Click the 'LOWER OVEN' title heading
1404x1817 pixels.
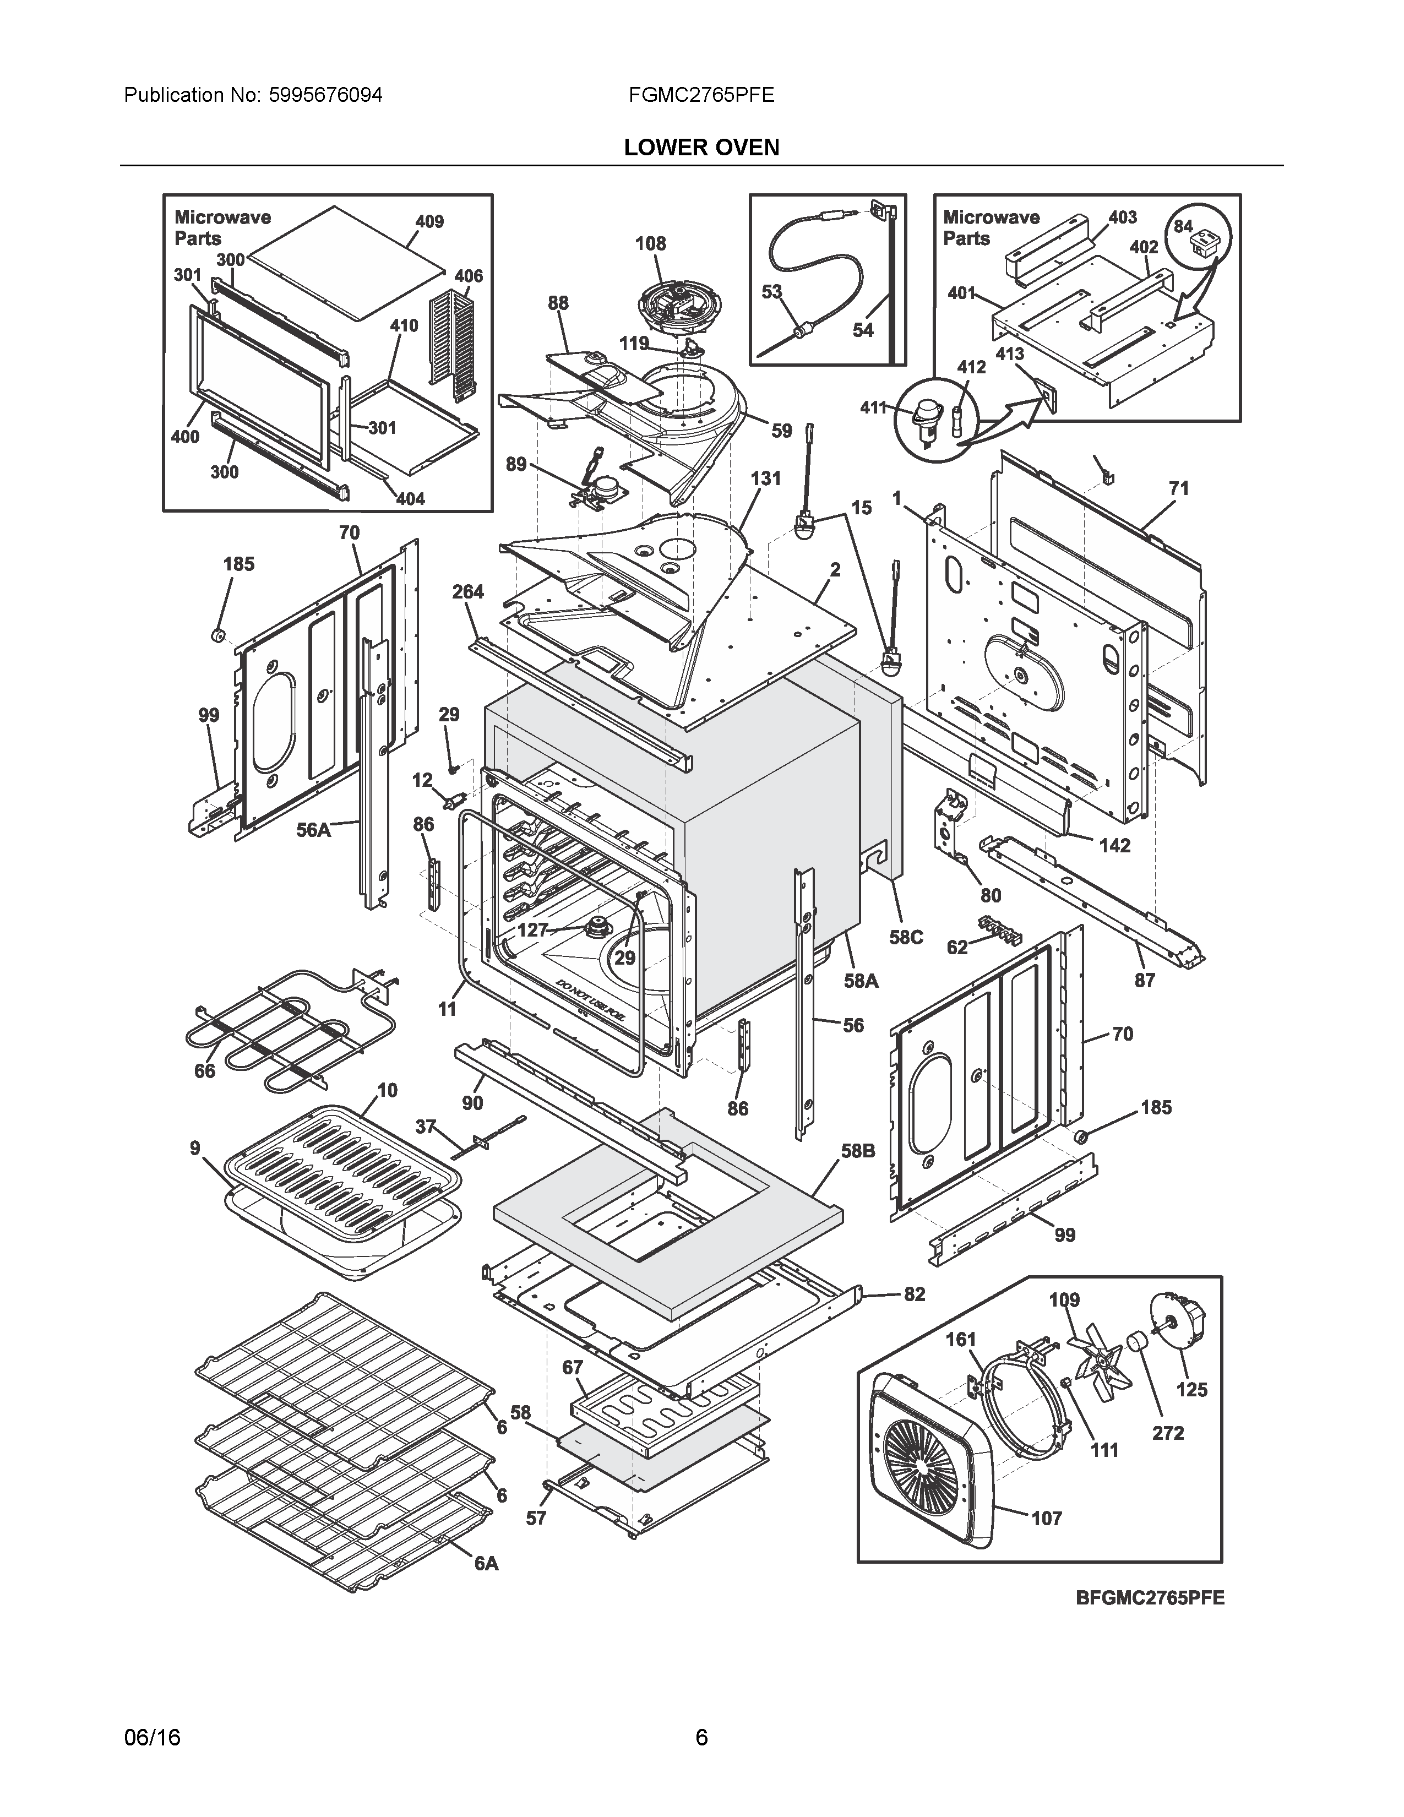coord(701,147)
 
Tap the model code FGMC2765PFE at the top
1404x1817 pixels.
coord(701,95)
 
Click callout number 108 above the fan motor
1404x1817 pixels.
coord(650,244)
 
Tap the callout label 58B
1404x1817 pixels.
coord(857,1151)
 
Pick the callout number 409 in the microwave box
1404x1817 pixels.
coord(429,221)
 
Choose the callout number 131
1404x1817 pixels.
coord(765,478)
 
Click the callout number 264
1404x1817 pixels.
coord(467,591)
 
